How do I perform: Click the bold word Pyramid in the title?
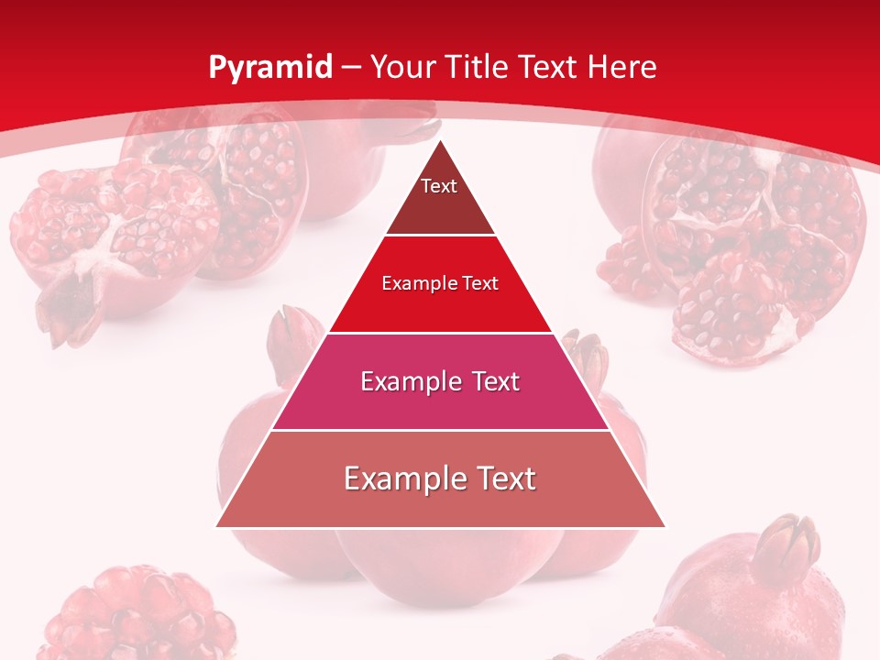point(269,68)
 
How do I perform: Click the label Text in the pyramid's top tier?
point(439,186)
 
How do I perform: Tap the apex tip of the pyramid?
point(441,141)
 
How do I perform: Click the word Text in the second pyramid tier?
point(480,283)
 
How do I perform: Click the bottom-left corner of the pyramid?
point(216,527)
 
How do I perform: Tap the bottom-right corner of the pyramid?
point(665,527)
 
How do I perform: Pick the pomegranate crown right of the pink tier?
point(586,353)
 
